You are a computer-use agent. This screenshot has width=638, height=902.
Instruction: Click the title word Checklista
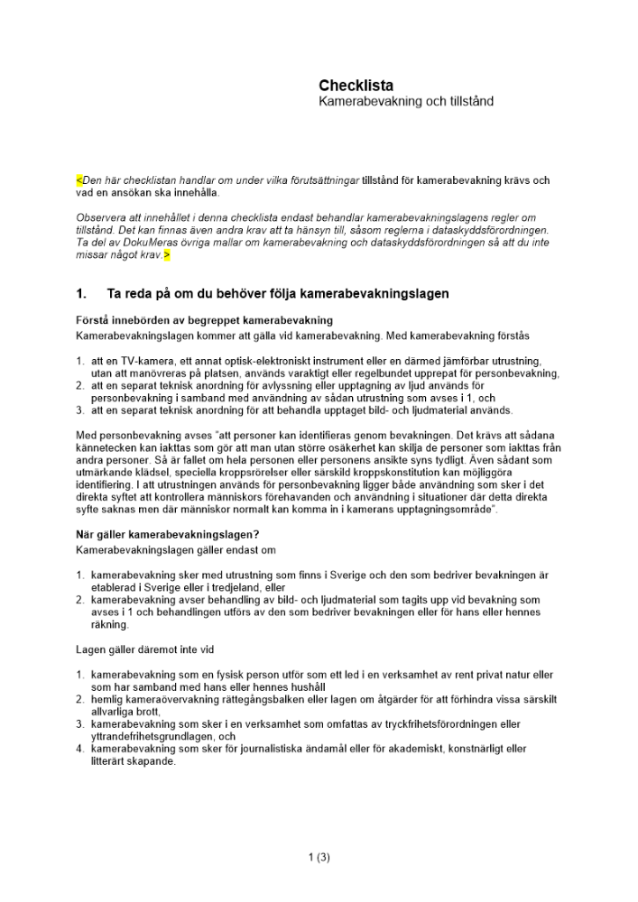click(x=356, y=86)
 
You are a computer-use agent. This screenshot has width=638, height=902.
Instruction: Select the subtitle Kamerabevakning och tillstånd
click(x=405, y=102)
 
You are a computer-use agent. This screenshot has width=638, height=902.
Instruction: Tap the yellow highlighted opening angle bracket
click(x=79, y=180)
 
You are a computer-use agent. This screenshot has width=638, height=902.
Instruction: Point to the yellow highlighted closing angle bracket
click(x=166, y=255)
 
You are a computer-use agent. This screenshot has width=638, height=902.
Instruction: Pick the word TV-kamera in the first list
click(x=147, y=360)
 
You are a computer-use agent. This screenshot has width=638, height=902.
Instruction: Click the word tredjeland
click(x=240, y=586)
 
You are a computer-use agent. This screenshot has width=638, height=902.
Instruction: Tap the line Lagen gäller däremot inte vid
click(x=144, y=649)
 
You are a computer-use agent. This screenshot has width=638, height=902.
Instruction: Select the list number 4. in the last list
click(x=80, y=749)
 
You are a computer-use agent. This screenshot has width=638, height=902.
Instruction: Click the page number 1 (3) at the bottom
click(x=319, y=858)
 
